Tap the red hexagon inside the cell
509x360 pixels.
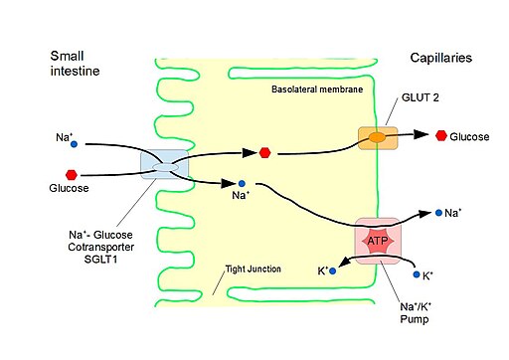coord(264,153)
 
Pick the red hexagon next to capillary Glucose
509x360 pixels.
coord(440,135)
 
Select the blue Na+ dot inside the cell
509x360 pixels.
coord(241,184)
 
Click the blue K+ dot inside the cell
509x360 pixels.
coord(334,270)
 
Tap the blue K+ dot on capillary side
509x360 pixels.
coord(414,273)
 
